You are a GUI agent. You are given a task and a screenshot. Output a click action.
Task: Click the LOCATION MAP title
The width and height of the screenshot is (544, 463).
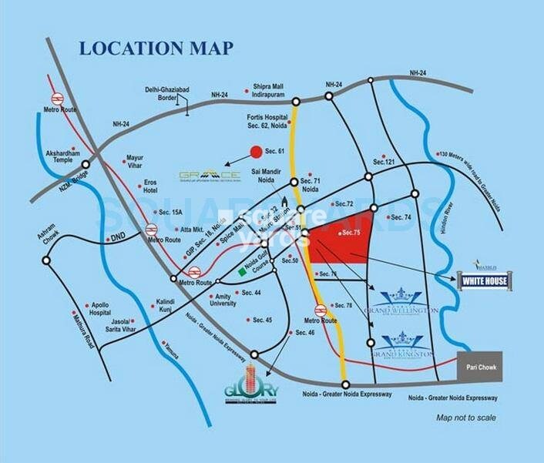[x=155, y=49]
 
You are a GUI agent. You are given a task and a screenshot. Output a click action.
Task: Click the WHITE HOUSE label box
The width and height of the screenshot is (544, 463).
[x=482, y=281]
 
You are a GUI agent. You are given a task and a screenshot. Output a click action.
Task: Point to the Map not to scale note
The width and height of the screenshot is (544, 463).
[x=465, y=418]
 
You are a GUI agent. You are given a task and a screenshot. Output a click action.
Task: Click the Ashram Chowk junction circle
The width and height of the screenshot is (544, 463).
[x=45, y=262]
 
